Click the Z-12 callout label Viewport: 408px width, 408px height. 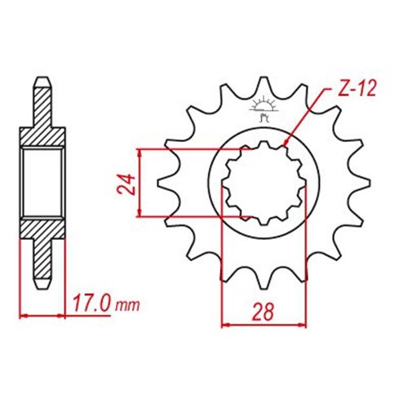click(357, 89)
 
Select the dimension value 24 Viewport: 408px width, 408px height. click(126, 184)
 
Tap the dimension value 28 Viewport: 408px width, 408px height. click(263, 312)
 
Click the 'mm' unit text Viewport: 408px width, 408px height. click(127, 306)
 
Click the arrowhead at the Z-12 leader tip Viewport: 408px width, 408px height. click(286, 143)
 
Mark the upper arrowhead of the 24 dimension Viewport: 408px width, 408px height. click(140, 153)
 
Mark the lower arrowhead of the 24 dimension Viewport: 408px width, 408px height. click(140, 212)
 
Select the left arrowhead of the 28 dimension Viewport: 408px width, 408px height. click(226, 325)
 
